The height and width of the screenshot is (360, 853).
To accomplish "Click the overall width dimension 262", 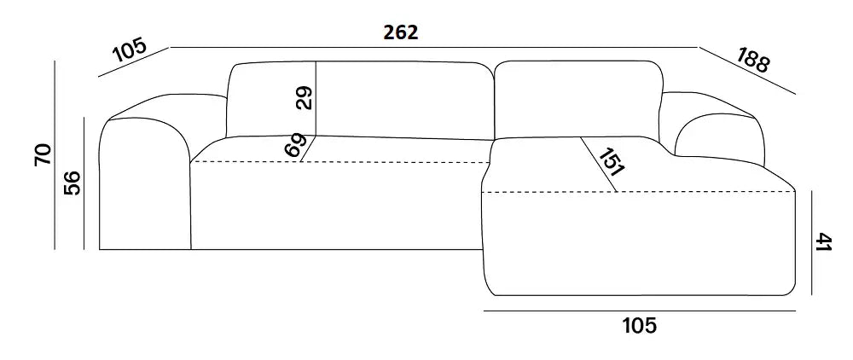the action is tap(401, 32).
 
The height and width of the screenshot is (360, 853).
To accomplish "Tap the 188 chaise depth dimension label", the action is tap(753, 60).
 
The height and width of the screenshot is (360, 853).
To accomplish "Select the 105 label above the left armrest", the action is tap(130, 50).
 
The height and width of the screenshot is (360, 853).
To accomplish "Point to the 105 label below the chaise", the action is tap(639, 326).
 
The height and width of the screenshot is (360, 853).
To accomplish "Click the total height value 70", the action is tap(43, 155).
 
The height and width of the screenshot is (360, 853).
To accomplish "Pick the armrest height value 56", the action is tap(72, 183).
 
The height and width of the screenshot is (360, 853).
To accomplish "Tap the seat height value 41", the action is tap(825, 242).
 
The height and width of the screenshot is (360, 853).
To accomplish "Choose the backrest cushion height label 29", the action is tap(305, 98).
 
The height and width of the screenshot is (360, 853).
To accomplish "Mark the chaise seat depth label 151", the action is tap(611, 163).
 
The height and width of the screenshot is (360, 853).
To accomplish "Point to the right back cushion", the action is tap(577, 98).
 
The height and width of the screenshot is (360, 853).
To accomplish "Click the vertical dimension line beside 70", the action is tap(55, 155).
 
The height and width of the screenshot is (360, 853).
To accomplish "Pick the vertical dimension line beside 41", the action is tap(811, 242).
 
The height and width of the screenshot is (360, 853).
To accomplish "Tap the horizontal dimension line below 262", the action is tap(434, 47).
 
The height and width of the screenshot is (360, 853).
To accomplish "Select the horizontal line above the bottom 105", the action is tap(640, 311).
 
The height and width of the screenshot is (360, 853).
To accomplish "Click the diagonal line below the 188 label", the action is tap(747, 71).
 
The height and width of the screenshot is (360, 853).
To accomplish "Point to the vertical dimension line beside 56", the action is tap(84, 183).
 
